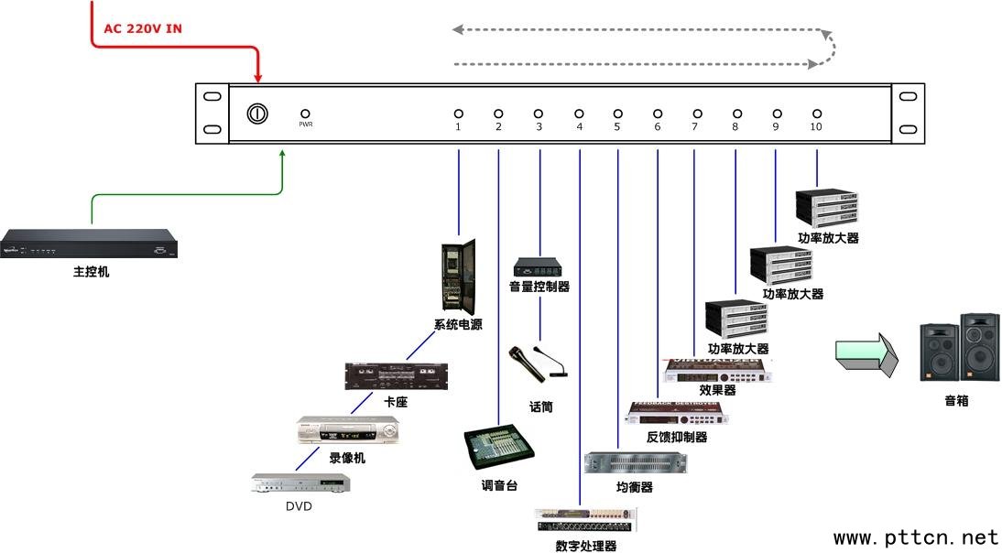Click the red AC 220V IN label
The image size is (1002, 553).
[142, 28]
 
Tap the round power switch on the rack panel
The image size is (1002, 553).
[257, 114]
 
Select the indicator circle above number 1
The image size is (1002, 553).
[458, 114]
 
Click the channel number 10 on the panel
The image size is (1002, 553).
[816, 126]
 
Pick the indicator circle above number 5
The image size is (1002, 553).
[617, 114]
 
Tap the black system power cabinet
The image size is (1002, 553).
[459, 276]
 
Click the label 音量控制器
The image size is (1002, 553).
[539, 287]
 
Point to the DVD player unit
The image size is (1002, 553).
[301, 483]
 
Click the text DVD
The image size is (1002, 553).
[299, 506]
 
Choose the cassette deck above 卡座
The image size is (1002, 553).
[397, 376]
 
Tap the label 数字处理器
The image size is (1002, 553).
[585, 547]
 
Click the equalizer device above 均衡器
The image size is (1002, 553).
[635, 463]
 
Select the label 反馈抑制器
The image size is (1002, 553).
[677, 438]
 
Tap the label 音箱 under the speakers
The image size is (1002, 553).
[956, 401]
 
